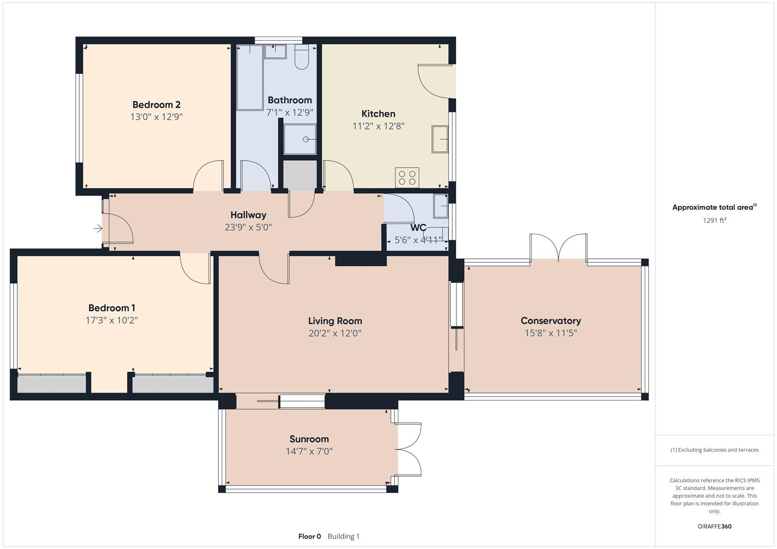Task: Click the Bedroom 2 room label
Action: [x=156, y=105]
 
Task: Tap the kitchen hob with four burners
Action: [x=407, y=177]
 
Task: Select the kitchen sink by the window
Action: [x=440, y=139]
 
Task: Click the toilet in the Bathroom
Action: [x=302, y=57]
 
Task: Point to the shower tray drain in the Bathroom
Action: [x=306, y=139]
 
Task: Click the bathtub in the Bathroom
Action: [x=249, y=77]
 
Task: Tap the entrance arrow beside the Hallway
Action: [x=98, y=229]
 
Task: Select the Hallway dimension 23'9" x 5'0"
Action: [x=248, y=227]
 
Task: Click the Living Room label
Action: [x=335, y=321]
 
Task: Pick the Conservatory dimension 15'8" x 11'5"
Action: [x=551, y=333]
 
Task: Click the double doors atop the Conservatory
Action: [x=559, y=248]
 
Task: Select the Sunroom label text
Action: [x=309, y=439]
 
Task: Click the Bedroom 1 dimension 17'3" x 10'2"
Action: [x=111, y=320]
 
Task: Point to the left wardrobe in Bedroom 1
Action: [x=51, y=384]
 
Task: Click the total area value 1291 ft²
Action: [x=714, y=220]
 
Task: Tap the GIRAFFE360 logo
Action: [x=714, y=526]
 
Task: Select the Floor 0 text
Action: [x=309, y=536]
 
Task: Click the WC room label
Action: [x=418, y=228]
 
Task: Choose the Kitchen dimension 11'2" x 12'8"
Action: [x=378, y=126]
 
